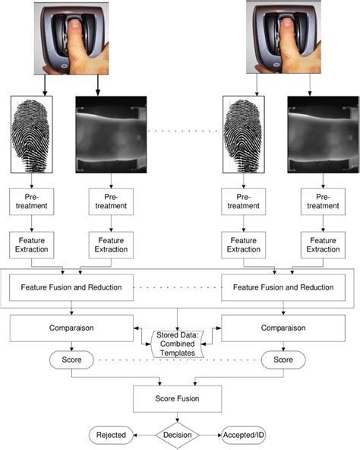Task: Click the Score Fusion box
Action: (x=178, y=397)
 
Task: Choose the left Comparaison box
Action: (x=71, y=329)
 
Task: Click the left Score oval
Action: (x=71, y=357)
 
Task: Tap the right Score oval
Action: (x=283, y=357)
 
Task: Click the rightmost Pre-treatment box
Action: (x=321, y=201)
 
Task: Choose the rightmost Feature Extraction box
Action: (x=321, y=245)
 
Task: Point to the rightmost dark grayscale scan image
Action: (x=317, y=134)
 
